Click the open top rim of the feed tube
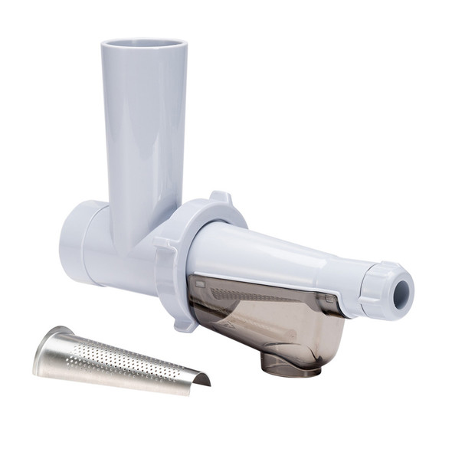[x=143, y=44]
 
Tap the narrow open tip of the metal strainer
[x=201, y=378]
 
